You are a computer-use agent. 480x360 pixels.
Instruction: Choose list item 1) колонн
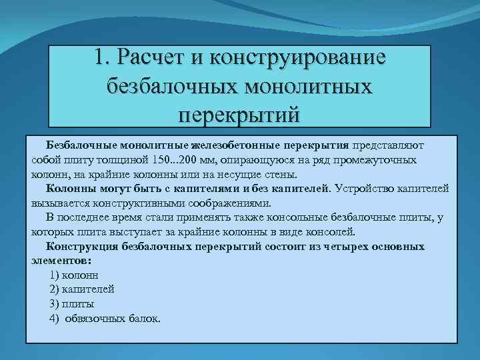74,275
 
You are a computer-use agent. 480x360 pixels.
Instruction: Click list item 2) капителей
81,289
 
